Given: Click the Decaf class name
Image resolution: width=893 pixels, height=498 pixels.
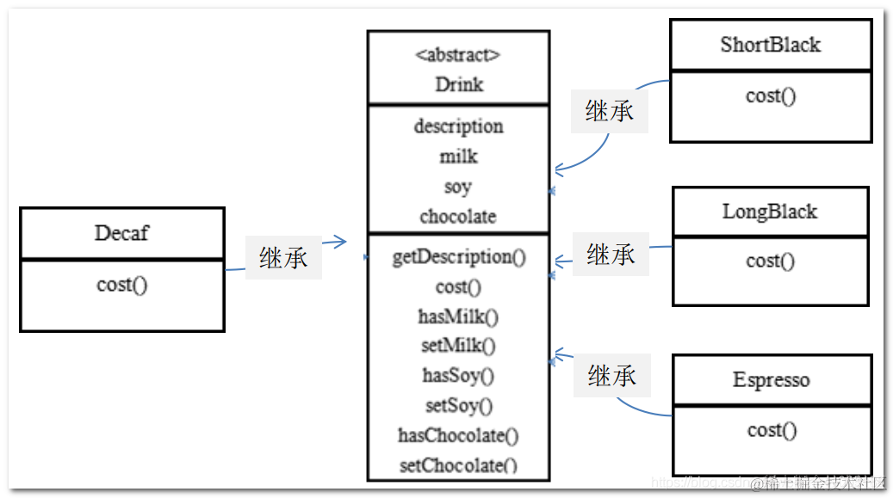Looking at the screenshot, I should click(121, 233).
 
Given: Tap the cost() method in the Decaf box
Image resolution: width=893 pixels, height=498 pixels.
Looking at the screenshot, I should click(121, 285).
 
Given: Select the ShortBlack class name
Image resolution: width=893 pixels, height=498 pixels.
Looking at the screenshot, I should click(770, 45).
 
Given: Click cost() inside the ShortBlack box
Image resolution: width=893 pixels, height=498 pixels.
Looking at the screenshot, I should click(771, 95).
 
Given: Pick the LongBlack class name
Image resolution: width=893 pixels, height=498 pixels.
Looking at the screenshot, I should click(770, 212).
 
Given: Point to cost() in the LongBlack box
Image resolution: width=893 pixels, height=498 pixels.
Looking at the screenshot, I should click(771, 261).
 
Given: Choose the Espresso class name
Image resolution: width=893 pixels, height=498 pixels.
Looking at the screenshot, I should click(771, 380).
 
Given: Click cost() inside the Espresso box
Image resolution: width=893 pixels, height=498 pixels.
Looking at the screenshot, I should click(772, 429).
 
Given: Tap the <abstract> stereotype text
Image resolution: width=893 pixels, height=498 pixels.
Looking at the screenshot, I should click(458, 55).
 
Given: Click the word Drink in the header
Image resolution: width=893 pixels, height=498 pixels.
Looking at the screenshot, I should click(459, 84).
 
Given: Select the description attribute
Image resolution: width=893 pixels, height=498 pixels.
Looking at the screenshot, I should click(458, 126).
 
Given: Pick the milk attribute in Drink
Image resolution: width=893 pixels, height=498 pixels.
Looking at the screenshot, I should click(458, 157).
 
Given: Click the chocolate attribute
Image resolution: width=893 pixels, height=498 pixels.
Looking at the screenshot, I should click(458, 217).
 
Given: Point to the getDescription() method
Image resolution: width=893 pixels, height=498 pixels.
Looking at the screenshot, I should click(458, 257).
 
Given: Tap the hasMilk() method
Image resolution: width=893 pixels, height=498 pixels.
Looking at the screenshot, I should click(458, 317).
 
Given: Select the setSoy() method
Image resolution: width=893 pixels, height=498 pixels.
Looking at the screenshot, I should click(458, 405).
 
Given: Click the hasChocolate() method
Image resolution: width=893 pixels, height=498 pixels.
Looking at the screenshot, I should click(458, 435).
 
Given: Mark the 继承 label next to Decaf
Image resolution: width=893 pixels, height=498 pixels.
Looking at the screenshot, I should click(283, 257).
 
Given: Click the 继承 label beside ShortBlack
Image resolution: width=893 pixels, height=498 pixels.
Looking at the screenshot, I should click(610, 111).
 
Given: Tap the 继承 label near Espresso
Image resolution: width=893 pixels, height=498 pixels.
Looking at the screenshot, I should click(612, 375).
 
